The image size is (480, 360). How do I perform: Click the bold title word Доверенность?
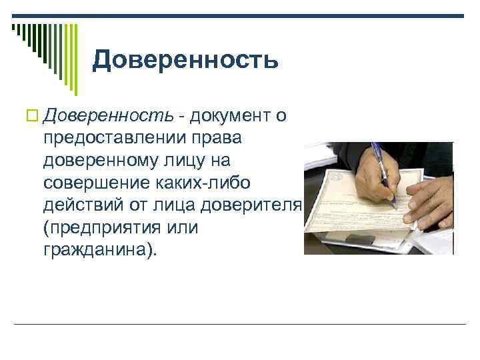tap(185, 60)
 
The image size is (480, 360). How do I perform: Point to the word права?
tap(223, 139)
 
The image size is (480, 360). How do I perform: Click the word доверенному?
tap(105, 161)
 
